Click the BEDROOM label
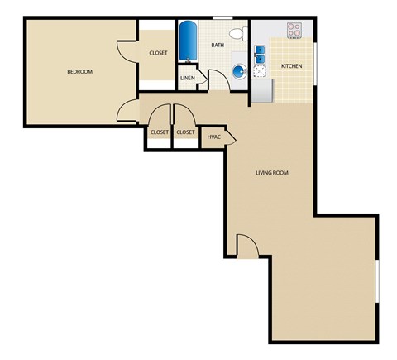[79, 72]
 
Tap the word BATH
[218, 45]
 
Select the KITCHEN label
[291, 65]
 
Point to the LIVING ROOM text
[271, 173]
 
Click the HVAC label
[213, 137]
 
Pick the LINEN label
[188, 79]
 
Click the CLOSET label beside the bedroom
[158, 53]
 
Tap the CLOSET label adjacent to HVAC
[185, 132]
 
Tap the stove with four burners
[295, 31]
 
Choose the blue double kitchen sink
[260, 55]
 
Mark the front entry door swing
[247, 245]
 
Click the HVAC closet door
[230, 136]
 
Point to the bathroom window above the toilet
[222, 17]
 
